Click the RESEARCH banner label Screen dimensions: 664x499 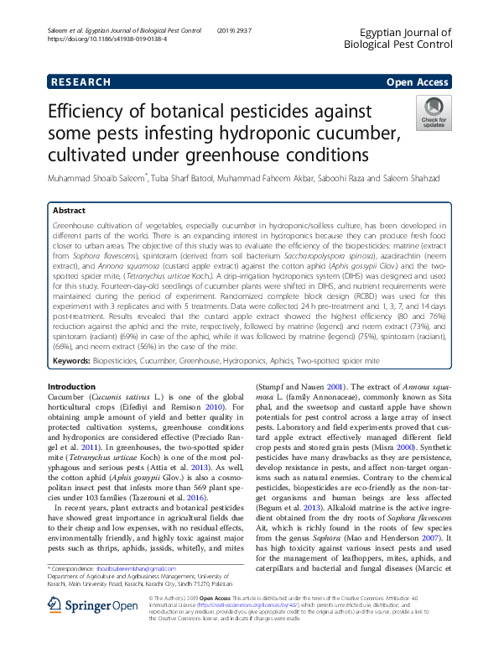(81, 81)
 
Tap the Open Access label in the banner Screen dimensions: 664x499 (417, 81)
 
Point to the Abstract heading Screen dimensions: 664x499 (69, 211)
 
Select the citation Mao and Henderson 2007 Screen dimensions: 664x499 (404, 536)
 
